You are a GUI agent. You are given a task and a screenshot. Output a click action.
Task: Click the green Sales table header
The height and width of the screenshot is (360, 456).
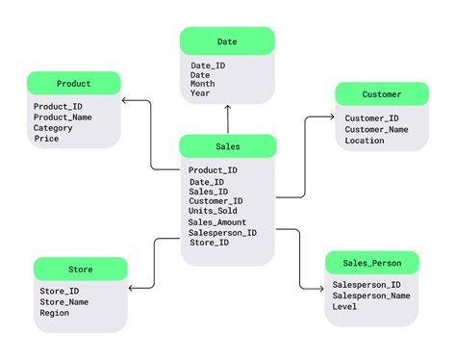pos(228,147)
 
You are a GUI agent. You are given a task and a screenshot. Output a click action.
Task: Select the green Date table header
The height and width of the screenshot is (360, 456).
pos(227,41)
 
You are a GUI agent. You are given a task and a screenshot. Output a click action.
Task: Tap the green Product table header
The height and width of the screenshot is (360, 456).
pos(73,84)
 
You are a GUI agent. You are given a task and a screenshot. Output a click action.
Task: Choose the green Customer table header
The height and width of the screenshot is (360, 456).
pos(382,94)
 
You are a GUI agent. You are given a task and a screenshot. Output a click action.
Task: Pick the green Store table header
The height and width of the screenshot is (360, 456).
pos(80,270)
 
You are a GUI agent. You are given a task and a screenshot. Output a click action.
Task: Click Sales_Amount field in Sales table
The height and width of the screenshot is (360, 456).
pos(217,222)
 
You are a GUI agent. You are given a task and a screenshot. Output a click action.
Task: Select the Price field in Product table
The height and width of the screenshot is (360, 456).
pos(46,139)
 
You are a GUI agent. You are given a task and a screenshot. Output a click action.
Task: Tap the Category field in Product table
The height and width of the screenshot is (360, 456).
pos(53,128)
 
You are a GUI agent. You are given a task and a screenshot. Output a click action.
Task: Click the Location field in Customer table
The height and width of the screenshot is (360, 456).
pos(365,141)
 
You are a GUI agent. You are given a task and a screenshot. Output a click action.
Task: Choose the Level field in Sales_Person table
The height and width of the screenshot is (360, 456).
pos(344,308)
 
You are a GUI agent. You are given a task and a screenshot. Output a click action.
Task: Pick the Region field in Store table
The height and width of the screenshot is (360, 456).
pos(55,313)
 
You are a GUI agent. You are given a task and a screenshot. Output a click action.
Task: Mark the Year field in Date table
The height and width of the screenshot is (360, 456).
pos(200,94)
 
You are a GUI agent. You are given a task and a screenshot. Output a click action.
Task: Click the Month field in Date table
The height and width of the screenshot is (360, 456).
pos(203,84)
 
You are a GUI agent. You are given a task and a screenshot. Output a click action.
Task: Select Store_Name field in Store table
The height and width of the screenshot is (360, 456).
pos(64,302)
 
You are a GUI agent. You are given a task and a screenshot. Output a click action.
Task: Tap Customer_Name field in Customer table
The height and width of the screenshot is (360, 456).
pos(377,130)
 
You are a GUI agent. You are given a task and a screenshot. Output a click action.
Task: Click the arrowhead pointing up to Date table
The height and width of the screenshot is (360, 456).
pos(227,110)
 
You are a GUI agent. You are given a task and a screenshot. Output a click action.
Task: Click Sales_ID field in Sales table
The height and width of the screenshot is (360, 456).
pos(209,191)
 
